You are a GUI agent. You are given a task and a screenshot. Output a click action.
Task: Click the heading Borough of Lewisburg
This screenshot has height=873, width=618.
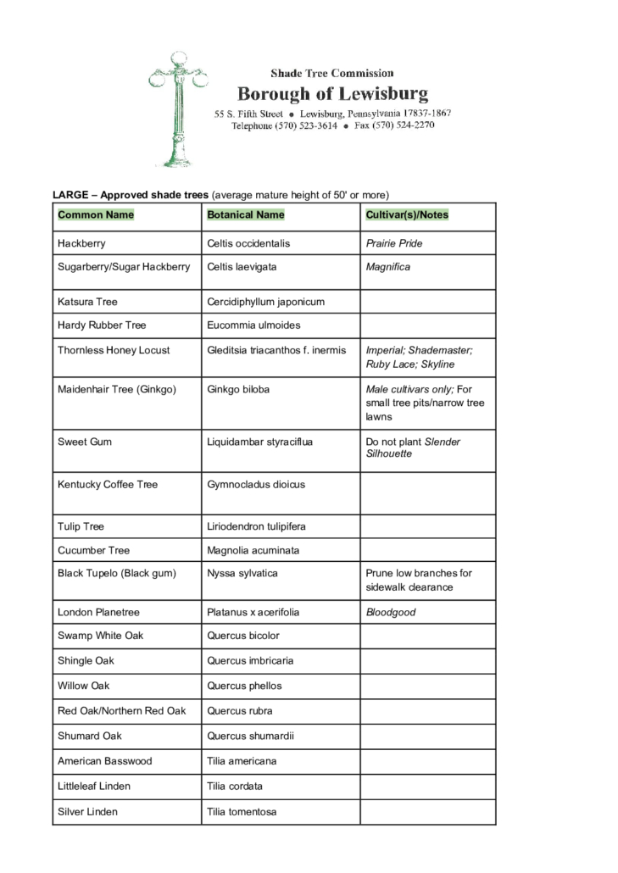332,93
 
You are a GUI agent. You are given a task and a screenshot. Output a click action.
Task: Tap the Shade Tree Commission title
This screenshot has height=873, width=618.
331,74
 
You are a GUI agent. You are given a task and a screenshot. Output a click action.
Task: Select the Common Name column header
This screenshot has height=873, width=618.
96,215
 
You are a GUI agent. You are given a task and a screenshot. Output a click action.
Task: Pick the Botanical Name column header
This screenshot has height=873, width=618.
246,215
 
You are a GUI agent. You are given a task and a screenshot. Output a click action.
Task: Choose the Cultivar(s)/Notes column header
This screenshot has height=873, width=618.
407,215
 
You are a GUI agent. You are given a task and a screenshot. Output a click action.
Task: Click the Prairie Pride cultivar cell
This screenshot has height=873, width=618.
394,243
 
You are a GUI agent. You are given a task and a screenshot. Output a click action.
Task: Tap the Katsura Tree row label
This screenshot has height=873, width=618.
87,302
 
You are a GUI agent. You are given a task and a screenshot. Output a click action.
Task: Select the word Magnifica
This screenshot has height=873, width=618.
388,267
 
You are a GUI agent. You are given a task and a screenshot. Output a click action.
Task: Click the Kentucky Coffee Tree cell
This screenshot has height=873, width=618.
108,485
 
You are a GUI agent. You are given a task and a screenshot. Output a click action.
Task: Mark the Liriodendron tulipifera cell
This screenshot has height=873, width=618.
256,526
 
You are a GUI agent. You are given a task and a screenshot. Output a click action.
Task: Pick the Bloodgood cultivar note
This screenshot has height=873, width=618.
391,612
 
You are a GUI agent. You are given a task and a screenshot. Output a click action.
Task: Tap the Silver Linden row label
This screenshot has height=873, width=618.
87,812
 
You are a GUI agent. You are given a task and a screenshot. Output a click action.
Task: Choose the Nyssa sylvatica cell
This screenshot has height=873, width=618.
242,573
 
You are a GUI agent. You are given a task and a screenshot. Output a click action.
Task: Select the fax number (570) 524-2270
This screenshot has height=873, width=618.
404,125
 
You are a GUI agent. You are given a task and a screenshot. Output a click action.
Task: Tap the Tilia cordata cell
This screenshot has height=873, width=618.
235,786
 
